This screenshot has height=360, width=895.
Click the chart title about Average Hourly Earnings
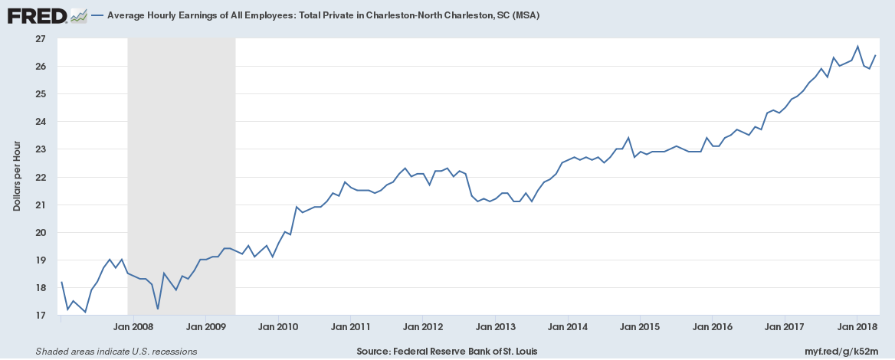323,15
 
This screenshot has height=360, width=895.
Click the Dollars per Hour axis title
16,177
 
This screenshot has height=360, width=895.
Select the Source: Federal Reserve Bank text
447,352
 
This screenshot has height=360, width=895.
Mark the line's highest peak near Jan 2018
857,46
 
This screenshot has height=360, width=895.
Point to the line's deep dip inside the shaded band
158,309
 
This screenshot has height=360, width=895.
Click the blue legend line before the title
97,15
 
